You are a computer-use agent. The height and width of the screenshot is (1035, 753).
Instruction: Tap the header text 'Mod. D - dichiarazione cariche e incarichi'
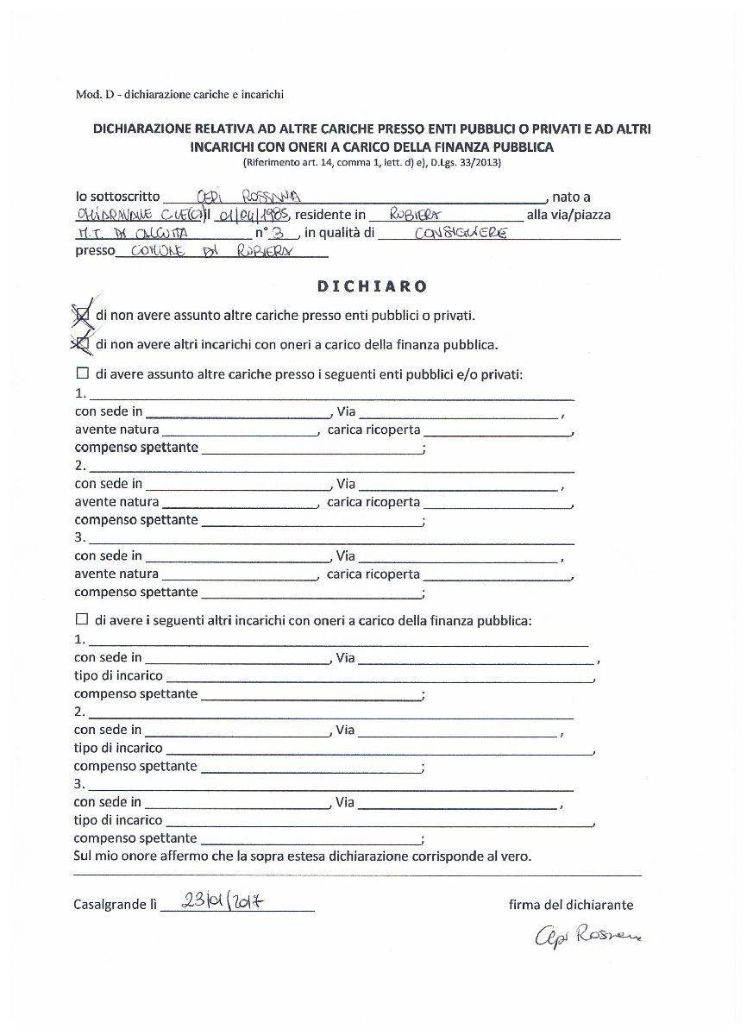pyautogui.click(x=179, y=94)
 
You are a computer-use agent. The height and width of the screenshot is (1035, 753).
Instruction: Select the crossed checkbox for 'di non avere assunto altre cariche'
pyautogui.click(x=83, y=316)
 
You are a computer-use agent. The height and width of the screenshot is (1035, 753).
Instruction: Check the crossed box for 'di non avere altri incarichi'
pyautogui.click(x=83, y=345)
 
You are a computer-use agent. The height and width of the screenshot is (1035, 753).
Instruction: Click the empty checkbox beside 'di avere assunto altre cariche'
pyautogui.click(x=83, y=374)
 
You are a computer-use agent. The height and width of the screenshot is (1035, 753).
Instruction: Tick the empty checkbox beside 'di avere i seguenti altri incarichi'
pyautogui.click(x=83, y=619)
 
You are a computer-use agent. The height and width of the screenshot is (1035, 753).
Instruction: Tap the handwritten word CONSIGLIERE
pyautogui.click(x=461, y=233)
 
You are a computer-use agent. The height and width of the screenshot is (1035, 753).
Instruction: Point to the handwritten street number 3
pyautogui.click(x=278, y=233)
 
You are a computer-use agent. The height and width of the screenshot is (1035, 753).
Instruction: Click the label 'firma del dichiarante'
pyautogui.click(x=571, y=905)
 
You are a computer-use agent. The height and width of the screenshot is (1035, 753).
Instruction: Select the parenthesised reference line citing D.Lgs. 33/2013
pyautogui.click(x=372, y=162)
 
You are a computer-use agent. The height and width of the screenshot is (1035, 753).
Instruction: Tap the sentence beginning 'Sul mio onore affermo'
pyautogui.click(x=303, y=856)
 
